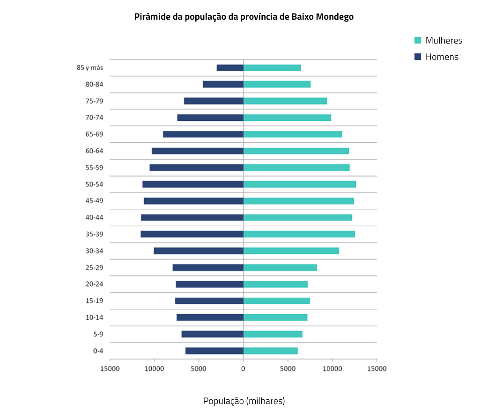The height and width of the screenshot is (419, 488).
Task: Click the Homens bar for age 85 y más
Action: pos(230,67)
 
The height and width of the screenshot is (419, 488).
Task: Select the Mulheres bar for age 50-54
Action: pos(300,184)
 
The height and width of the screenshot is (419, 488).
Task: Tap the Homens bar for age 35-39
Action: pos(192,234)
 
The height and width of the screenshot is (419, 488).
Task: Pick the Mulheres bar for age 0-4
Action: pos(271,351)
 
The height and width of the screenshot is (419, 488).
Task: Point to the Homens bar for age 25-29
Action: pos(208,267)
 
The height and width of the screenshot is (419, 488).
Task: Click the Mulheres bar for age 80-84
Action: pos(277,84)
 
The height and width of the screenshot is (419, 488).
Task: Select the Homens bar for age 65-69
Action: pos(203,134)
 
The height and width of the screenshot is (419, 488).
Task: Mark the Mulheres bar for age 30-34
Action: pos(291,251)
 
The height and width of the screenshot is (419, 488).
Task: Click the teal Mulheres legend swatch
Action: pos(418,40)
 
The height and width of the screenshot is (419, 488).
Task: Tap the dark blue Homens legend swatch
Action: pos(418,57)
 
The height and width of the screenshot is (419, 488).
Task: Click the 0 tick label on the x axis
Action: pos(243,368)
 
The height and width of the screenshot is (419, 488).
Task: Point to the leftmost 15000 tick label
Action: pos(110,368)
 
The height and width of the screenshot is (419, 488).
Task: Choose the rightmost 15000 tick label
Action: pos(377,368)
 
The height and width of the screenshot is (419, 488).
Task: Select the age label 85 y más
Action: pos(89,67)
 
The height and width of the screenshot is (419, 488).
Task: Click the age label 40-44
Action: pos(94,217)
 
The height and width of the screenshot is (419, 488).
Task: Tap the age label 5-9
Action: pos(98,334)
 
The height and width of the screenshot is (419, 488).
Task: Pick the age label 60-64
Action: pos(94,151)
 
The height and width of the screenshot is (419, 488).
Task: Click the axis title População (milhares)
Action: pos(244,401)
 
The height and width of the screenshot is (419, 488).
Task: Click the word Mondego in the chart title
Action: pos(334,17)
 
